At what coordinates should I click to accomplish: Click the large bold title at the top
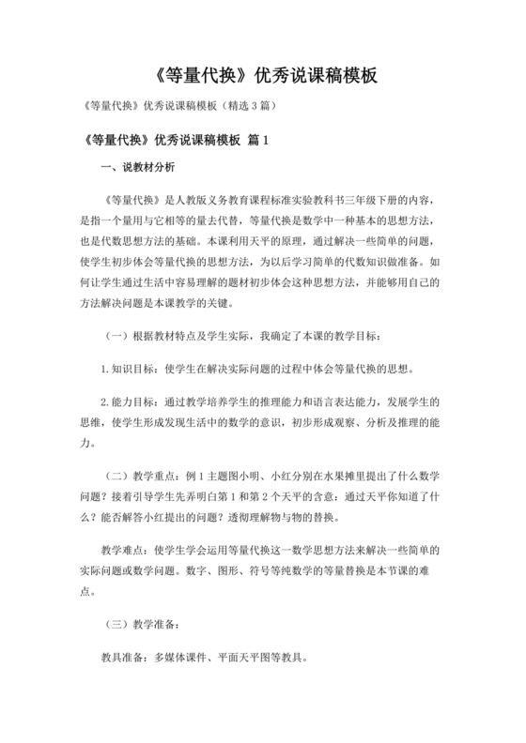[x=262, y=78]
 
